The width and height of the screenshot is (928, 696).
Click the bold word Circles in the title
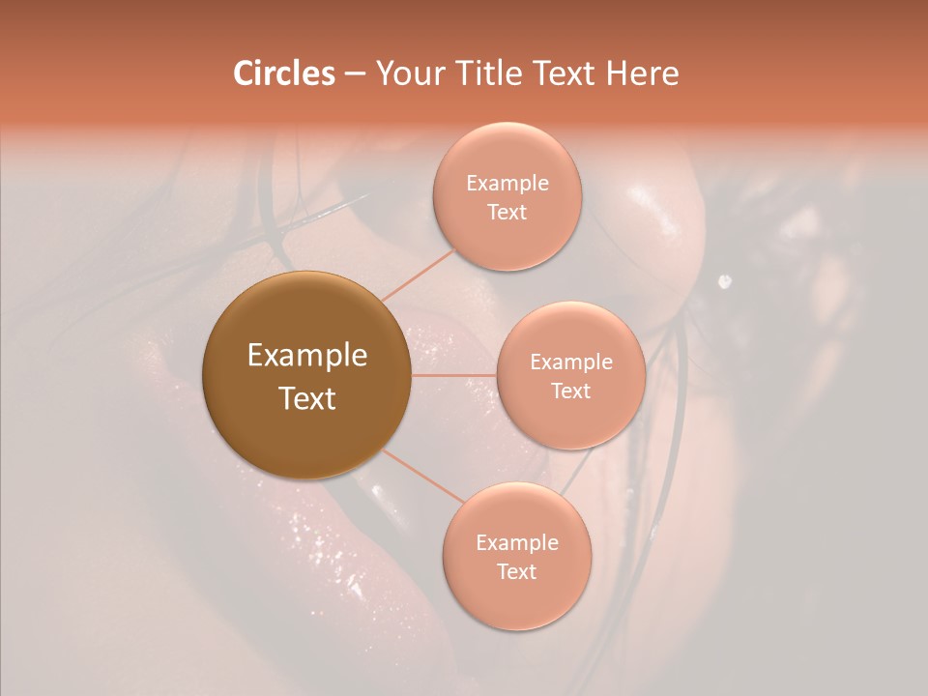point(283,73)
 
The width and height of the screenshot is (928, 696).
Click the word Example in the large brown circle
point(307,356)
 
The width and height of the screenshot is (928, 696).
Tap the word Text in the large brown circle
point(307,398)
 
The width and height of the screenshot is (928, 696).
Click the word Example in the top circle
point(507,184)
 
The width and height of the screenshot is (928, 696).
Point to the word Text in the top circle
point(507,213)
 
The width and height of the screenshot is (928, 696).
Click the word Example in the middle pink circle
point(570,362)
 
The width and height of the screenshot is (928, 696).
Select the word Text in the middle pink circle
point(570,391)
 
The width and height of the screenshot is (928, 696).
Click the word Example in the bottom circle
point(516,543)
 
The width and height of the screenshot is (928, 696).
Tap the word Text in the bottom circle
point(516,572)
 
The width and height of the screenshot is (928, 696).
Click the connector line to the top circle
point(417,275)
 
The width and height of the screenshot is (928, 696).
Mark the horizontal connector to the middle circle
point(454,375)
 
